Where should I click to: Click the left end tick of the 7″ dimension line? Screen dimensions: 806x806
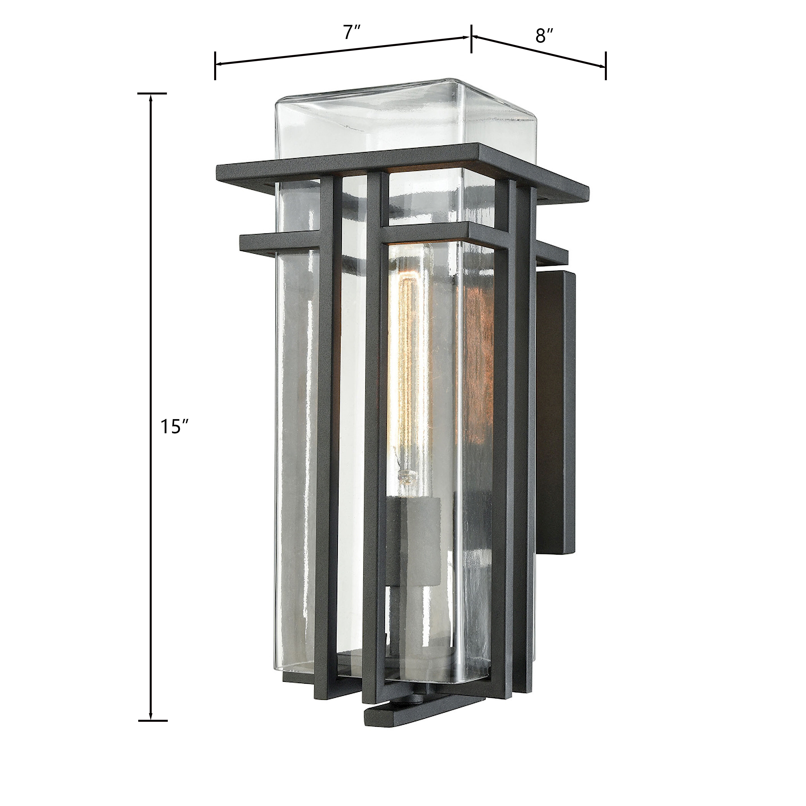tap(215, 65)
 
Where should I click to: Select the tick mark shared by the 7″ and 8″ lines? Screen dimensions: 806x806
tap(471, 38)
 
